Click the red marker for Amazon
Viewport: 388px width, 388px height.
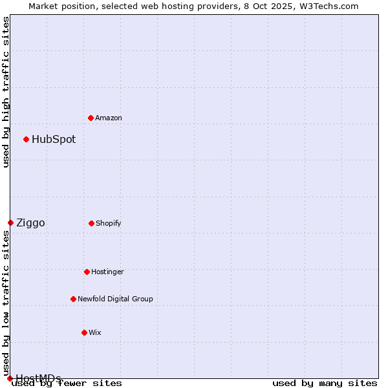click(91, 118)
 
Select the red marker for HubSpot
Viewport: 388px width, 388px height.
click(26, 139)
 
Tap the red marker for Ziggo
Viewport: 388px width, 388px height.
click(10, 222)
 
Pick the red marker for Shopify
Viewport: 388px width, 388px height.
click(91, 223)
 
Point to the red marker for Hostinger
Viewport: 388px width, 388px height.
click(87, 272)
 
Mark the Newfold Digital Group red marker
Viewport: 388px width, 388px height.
click(73, 299)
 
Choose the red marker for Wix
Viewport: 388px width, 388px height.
click(84, 332)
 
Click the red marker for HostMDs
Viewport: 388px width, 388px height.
click(10, 378)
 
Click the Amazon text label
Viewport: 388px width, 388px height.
click(109, 118)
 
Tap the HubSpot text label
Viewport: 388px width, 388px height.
click(54, 139)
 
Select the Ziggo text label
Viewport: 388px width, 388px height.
click(30, 223)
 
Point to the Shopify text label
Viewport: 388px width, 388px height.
click(109, 223)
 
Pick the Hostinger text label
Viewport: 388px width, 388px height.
click(107, 272)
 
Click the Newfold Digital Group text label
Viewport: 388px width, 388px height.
click(115, 299)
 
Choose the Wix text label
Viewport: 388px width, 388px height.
click(95, 332)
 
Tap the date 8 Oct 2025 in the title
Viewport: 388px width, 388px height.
click(283, 6)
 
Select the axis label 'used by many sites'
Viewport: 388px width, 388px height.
click(325, 383)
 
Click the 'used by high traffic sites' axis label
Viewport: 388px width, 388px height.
click(6, 92)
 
